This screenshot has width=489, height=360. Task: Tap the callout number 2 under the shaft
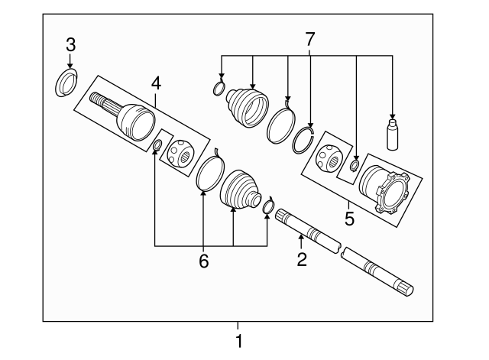pyautogui.click(x=302, y=260)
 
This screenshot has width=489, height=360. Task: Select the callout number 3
pyautogui.click(x=70, y=44)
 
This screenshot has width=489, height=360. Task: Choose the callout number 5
pyautogui.click(x=349, y=219)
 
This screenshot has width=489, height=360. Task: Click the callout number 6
pyautogui.click(x=203, y=261)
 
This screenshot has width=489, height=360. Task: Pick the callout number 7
pyautogui.click(x=309, y=37)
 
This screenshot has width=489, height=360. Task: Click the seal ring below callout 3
pyautogui.click(x=67, y=83)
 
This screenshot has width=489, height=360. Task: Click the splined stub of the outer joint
pyautogui.click(x=102, y=102)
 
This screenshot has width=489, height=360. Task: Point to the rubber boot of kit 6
pyautogui.click(x=239, y=189)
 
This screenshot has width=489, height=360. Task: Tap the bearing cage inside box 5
pyautogui.click(x=331, y=155)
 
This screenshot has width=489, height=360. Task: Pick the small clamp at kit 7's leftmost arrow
pyautogui.click(x=219, y=89)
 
